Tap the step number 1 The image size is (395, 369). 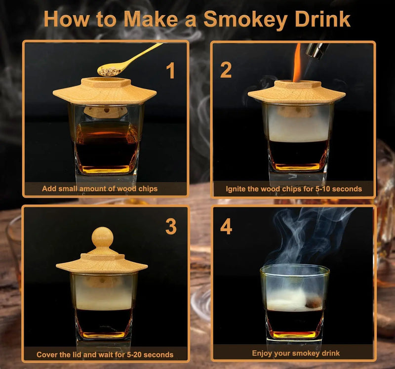pos(170,70)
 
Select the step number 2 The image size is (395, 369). pos(226,70)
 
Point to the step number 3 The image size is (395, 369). pos(170,227)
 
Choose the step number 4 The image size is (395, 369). pos(226,227)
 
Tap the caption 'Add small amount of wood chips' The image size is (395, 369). pos(99,189)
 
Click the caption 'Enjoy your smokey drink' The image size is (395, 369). pos(296,353)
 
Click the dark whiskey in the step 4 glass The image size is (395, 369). pos(295,321)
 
